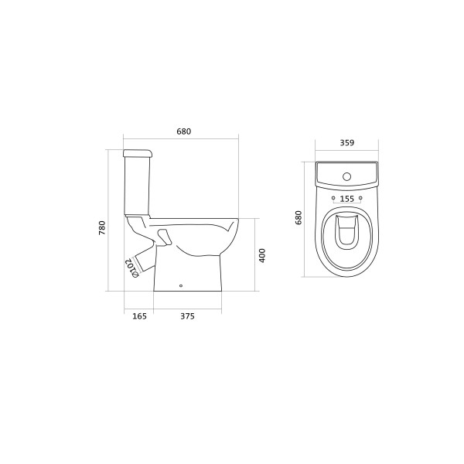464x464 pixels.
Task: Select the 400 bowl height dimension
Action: click(x=262, y=254)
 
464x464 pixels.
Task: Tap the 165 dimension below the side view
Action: click(x=138, y=316)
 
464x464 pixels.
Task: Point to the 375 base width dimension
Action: click(x=186, y=316)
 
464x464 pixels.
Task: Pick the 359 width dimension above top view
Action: click(x=346, y=142)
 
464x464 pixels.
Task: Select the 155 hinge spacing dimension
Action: click(x=347, y=199)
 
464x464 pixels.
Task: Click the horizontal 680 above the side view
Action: click(x=183, y=131)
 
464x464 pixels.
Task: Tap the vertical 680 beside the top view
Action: click(x=299, y=219)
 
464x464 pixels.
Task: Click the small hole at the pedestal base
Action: click(x=180, y=288)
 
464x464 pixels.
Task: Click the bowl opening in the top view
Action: click(x=347, y=236)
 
